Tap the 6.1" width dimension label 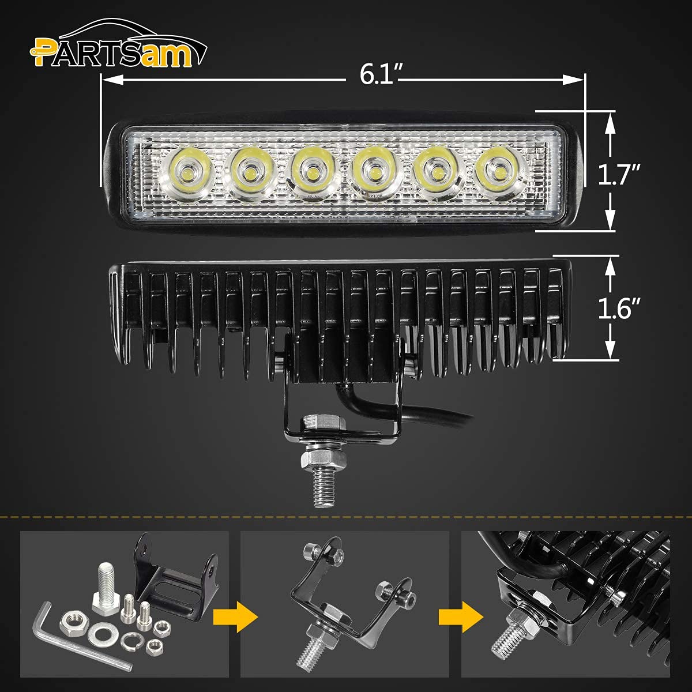[x=381, y=75]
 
